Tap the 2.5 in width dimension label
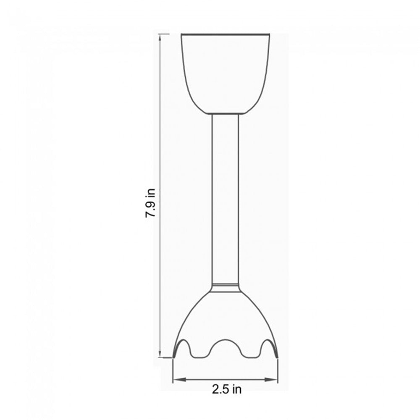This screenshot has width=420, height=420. [226, 389]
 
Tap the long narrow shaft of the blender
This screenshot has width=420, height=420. [226, 197]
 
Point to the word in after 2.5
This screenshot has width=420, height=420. [237, 389]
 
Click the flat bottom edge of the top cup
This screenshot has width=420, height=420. [226, 113]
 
